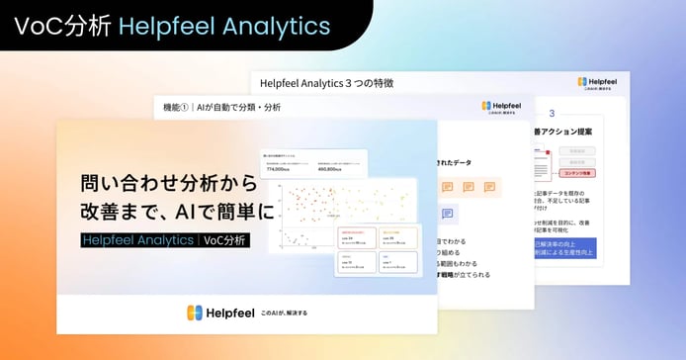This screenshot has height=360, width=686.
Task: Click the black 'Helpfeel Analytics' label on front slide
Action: (x=138, y=239)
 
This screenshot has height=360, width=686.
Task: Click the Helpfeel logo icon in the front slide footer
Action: (x=195, y=313)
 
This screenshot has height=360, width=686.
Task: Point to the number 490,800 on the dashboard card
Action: (x=332, y=169)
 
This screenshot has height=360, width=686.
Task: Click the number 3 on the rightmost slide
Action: (x=552, y=114)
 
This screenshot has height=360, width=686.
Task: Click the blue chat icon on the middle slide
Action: (x=447, y=213)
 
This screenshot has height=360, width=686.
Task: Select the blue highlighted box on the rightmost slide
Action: (x=566, y=248)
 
